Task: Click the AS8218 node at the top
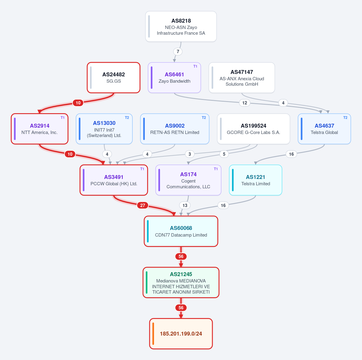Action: point(181,27)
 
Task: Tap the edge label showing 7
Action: point(178,52)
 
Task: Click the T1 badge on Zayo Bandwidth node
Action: point(195,66)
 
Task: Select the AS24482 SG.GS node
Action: point(114,78)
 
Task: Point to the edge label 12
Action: point(245,103)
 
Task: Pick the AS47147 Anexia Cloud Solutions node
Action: point(242,78)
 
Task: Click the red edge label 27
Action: point(143,205)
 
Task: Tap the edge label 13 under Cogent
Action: point(185,205)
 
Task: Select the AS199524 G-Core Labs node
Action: point(254,129)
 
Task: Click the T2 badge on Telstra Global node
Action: point(345,118)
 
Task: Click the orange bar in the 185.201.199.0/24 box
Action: point(153,334)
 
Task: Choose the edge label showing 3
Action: point(190,154)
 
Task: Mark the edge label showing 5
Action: point(224,154)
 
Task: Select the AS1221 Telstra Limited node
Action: point(256,180)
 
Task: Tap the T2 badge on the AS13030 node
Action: point(127,118)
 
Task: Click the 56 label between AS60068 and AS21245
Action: point(181,256)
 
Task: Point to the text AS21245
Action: point(181,274)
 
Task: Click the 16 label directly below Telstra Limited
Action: point(223,205)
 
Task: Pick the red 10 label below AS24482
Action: point(78,103)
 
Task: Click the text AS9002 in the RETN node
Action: point(175,126)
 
